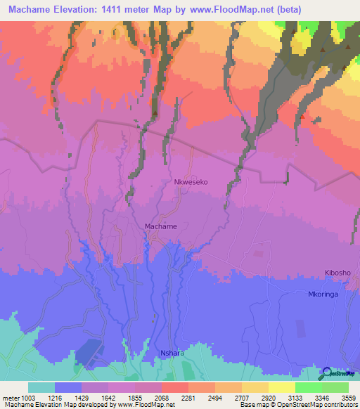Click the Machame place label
pos(160,226)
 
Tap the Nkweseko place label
pos(191,181)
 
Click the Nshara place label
pos(172,353)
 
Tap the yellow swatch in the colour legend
pos(282,387)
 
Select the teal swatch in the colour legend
pos(41,387)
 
